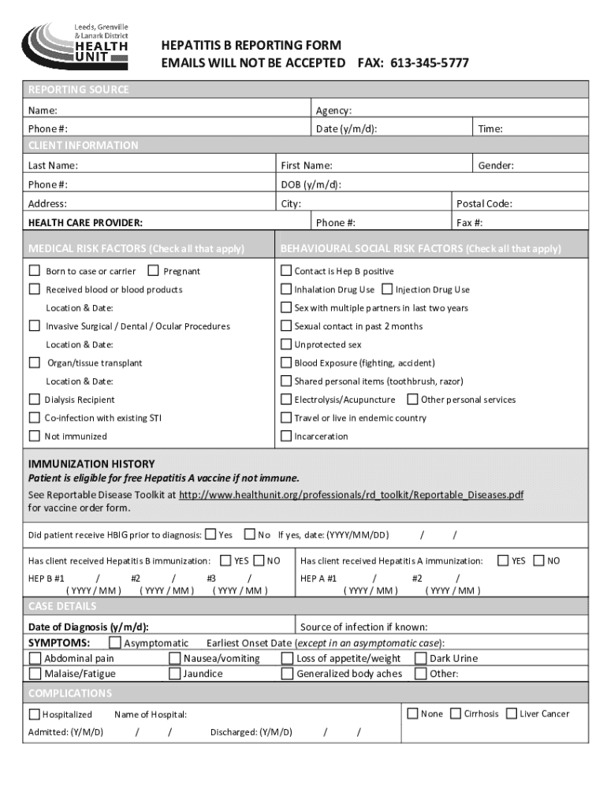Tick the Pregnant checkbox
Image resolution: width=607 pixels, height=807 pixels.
153,270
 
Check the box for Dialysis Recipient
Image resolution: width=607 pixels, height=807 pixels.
35,400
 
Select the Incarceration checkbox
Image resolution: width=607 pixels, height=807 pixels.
287,436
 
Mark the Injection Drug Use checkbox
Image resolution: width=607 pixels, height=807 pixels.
387,289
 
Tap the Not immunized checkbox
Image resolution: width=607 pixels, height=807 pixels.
35,436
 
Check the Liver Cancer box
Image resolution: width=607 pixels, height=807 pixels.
512,713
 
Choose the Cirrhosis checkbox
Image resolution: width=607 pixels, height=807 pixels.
456,713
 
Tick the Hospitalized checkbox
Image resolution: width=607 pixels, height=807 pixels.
35,714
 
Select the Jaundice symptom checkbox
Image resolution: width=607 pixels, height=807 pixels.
175,674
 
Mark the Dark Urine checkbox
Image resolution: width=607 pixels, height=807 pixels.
421,658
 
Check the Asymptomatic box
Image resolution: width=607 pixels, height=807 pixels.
115,643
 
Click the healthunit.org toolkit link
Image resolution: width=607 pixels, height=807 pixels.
351,495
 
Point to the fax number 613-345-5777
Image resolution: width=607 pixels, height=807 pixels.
430,62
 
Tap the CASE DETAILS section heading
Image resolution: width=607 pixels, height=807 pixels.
62,606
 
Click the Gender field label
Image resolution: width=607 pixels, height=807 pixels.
496,165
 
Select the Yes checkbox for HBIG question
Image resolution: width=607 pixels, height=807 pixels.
210,534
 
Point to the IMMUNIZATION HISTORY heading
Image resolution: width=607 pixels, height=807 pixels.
91,463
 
